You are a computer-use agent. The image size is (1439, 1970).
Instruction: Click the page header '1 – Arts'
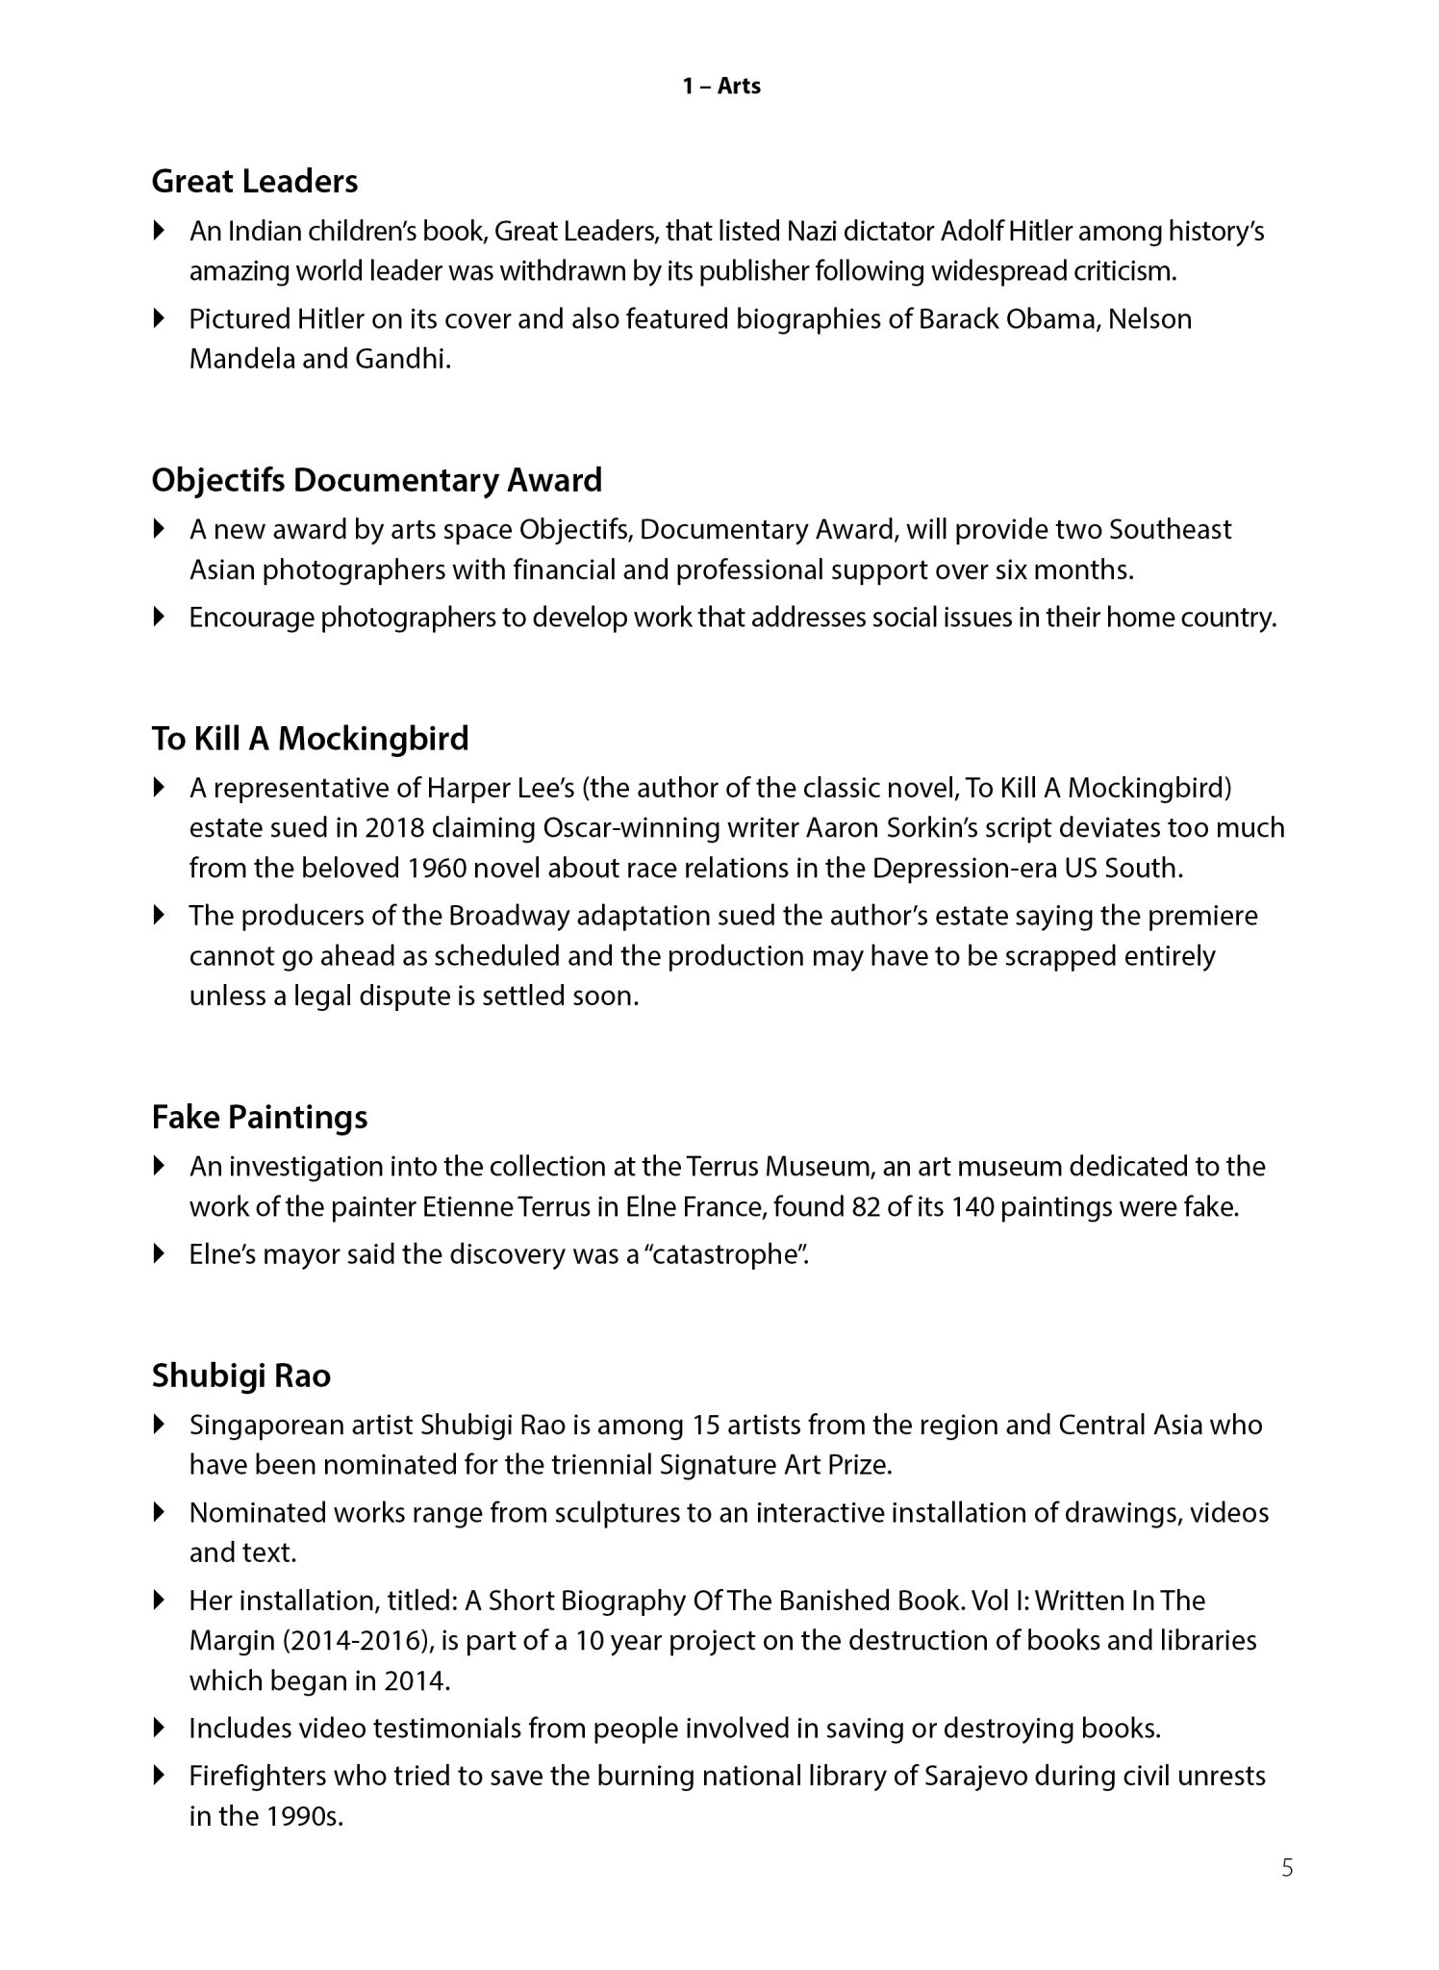click(x=721, y=87)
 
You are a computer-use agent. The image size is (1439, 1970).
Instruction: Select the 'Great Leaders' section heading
click(x=255, y=181)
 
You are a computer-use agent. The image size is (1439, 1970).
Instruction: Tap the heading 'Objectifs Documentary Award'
click(x=377, y=479)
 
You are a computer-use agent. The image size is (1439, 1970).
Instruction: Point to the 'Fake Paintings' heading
click(x=260, y=1117)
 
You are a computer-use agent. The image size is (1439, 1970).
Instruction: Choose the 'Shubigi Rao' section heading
click(x=241, y=1376)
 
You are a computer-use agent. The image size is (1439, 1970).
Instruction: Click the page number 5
click(x=1287, y=1868)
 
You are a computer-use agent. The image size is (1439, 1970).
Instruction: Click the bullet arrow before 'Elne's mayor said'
click(x=160, y=1254)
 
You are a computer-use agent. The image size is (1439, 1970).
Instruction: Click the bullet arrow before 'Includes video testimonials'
click(x=160, y=1728)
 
